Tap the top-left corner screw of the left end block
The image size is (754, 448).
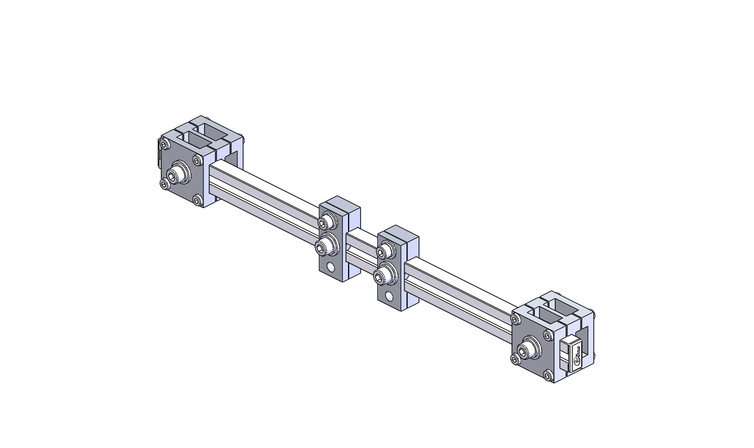tap(165, 144)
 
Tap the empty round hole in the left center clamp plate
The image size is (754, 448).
tap(330, 268)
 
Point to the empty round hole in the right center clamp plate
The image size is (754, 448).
tap(389, 297)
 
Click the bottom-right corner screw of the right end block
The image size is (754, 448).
tap(547, 375)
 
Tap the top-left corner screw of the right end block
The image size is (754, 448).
tap(517, 318)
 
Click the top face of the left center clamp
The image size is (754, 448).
tap(340, 204)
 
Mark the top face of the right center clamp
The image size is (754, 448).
tap(399, 234)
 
